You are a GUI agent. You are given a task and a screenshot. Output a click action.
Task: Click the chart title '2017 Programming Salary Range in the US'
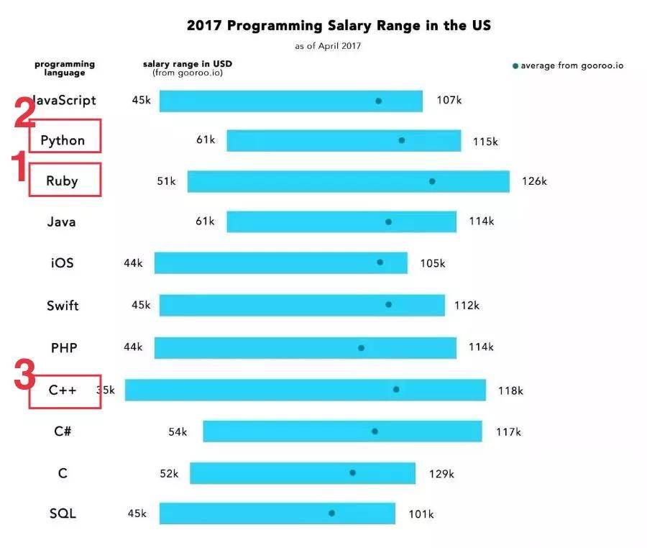[x=339, y=26]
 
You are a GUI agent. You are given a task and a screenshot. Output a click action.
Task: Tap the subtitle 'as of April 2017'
[x=328, y=46]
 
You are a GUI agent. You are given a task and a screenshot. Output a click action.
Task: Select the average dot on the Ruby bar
[x=432, y=181]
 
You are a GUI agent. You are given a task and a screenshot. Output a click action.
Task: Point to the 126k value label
[x=534, y=181]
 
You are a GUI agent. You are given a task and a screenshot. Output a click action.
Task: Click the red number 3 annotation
[x=24, y=374]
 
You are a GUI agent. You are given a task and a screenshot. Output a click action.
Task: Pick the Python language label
[x=63, y=140]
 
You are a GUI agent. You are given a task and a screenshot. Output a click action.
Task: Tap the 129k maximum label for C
[x=441, y=474]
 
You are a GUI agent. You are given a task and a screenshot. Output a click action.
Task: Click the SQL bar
[x=277, y=513]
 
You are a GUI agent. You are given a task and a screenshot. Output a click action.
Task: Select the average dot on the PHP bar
[x=361, y=348]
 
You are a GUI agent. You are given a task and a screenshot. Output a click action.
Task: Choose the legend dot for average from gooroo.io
[x=515, y=66]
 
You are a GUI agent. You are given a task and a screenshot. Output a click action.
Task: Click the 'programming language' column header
[x=65, y=68]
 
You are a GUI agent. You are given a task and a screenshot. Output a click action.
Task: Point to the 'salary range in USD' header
[x=188, y=64]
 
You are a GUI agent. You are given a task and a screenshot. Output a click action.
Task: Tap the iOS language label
[x=63, y=263]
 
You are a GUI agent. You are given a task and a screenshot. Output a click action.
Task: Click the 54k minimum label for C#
[x=178, y=431]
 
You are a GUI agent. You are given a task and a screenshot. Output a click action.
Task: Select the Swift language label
[x=63, y=306]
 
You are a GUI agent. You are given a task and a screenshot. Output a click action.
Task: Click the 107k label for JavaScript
[x=449, y=100]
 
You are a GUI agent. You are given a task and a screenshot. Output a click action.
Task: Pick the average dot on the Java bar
[x=388, y=222]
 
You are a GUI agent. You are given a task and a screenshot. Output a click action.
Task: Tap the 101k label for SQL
[x=421, y=514]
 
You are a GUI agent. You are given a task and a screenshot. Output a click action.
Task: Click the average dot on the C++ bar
[x=396, y=389]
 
